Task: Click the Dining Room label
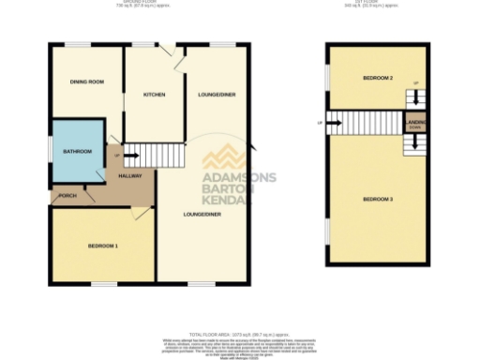(86, 82)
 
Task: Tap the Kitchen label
(154, 96)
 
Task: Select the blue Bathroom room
(77, 151)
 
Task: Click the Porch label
(67, 196)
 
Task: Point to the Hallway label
(129, 176)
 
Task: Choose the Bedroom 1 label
(102, 246)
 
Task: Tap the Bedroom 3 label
(377, 199)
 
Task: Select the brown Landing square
(415, 124)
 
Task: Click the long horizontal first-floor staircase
(365, 123)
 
